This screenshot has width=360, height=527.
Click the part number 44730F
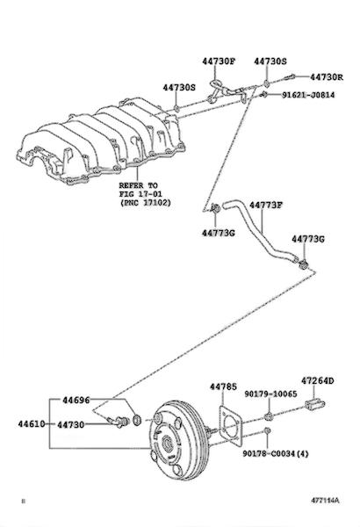click(219, 61)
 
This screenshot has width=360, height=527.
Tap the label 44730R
click(327, 77)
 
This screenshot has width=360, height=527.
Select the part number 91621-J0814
click(308, 95)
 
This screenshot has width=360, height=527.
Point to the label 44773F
click(265, 205)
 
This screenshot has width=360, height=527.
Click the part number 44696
click(76, 400)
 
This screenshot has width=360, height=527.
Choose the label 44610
click(32, 424)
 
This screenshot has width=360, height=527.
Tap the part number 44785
click(224, 386)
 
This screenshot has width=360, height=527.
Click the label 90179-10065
click(270, 393)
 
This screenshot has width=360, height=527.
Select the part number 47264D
click(317, 381)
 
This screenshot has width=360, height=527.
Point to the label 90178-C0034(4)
click(276, 454)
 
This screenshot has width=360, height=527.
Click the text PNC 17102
click(147, 203)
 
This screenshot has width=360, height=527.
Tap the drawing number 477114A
click(325, 501)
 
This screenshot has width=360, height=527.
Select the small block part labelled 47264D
click(315, 404)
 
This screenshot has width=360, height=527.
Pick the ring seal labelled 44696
click(137, 420)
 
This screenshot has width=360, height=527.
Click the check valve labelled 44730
click(119, 421)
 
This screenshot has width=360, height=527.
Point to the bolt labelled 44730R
click(290, 77)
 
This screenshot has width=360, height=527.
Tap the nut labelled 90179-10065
click(268, 416)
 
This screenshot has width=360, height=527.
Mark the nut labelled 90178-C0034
click(267, 430)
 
